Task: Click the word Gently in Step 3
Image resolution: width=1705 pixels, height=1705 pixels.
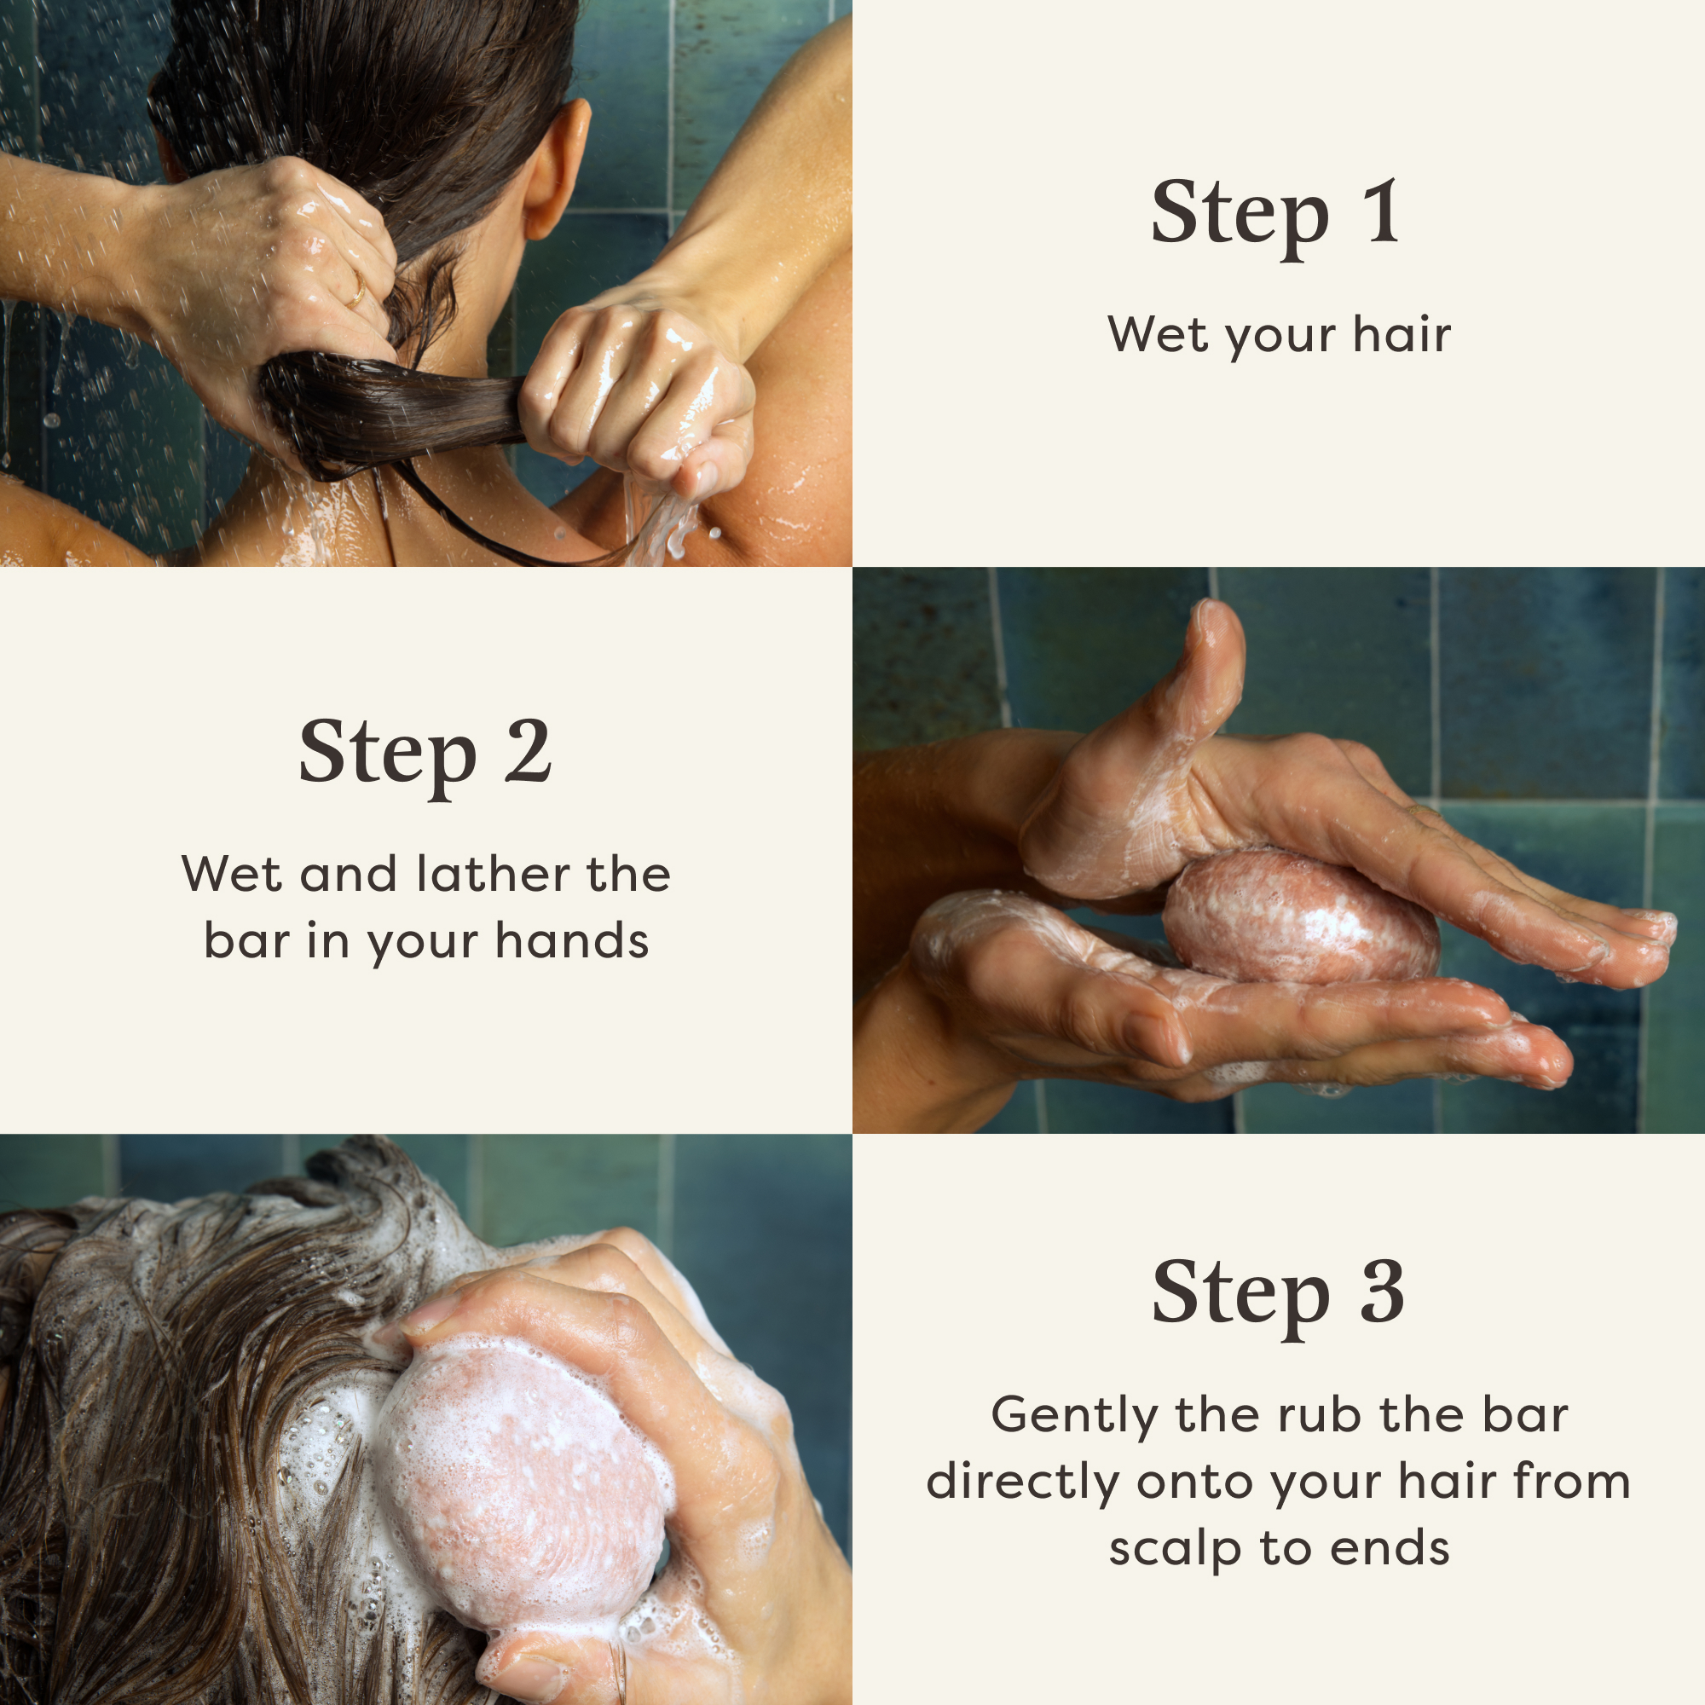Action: pos(1073,1416)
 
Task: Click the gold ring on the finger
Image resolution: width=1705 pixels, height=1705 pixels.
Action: pos(356,290)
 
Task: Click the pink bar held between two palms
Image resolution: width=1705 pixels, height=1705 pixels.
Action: pos(1301,918)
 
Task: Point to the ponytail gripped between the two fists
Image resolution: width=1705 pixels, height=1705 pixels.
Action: pos(397,410)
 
